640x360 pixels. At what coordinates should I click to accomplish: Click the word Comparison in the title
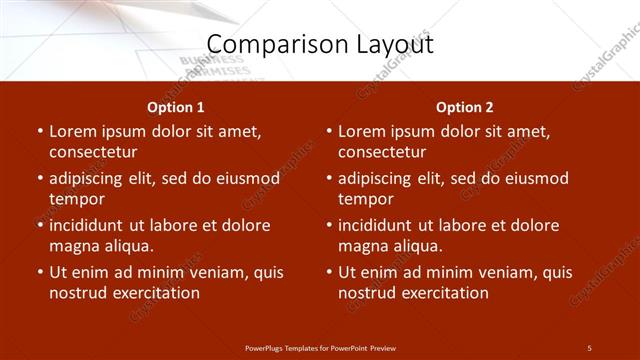pyautogui.click(x=268, y=45)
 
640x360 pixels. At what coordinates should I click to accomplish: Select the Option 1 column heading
pyautogui.click(x=176, y=107)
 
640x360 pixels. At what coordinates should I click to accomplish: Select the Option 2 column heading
pyautogui.click(x=465, y=107)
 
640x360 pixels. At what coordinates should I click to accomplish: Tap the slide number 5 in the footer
pyautogui.click(x=589, y=347)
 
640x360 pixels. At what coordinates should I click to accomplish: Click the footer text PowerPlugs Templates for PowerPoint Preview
pyautogui.click(x=320, y=347)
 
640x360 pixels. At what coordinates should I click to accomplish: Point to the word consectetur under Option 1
pyautogui.click(x=93, y=152)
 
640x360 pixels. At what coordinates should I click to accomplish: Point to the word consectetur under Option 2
pyautogui.click(x=382, y=152)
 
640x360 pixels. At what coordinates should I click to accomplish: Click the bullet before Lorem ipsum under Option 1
pyautogui.click(x=38, y=131)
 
